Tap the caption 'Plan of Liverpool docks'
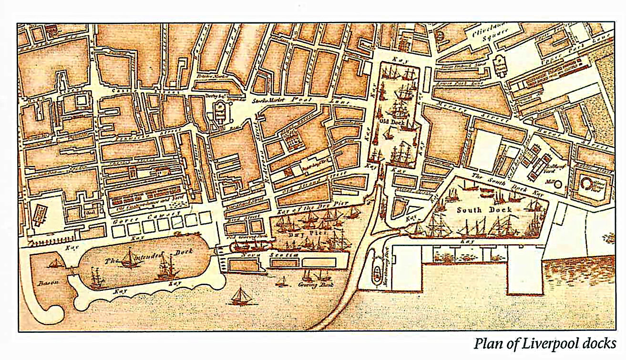tap(544, 343)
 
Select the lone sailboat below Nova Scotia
tap(240, 297)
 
